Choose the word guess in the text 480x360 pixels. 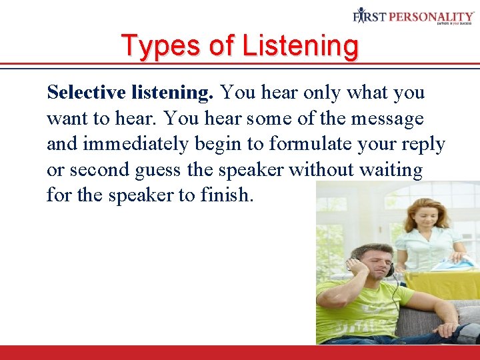click(x=157, y=171)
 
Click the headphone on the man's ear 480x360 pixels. click(x=389, y=269)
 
